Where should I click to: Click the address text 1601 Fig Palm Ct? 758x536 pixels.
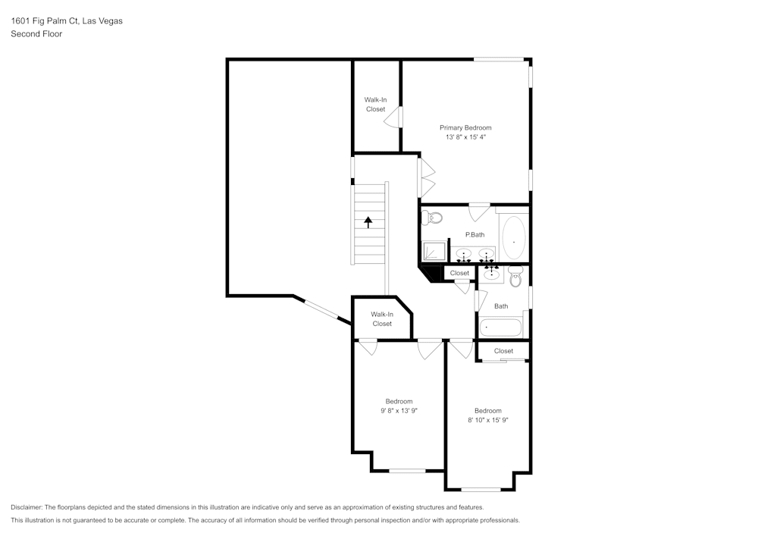pyautogui.click(x=45, y=21)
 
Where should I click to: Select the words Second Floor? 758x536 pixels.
pyautogui.click(x=36, y=34)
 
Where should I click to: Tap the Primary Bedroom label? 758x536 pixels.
pyautogui.click(x=465, y=127)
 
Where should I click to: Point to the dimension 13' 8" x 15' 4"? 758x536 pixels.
pyautogui.click(x=465, y=138)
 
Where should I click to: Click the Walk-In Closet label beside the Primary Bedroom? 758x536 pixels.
pyautogui.click(x=375, y=105)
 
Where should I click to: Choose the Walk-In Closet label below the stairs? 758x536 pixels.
pyautogui.click(x=382, y=319)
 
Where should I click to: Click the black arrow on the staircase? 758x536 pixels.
pyautogui.click(x=369, y=222)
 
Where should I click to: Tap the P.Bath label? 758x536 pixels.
pyautogui.click(x=475, y=235)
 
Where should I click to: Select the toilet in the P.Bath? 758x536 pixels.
pyautogui.click(x=433, y=218)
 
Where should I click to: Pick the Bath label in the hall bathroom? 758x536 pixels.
pyautogui.click(x=501, y=306)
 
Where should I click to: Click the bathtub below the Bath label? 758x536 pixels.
pyautogui.click(x=501, y=328)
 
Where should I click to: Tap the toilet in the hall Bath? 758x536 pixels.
pyautogui.click(x=516, y=277)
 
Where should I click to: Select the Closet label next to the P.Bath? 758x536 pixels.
pyautogui.click(x=459, y=273)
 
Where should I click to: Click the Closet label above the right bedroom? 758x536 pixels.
pyautogui.click(x=503, y=351)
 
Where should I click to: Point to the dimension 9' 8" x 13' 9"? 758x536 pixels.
pyautogui.click(x=399, y=411)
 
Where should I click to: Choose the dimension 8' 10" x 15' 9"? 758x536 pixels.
pyautogui.click(x=487, y=420)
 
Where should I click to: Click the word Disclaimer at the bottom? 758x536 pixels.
pyautogui.click(x=27, y=507)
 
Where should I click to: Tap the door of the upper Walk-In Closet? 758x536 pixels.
pyautogui.click(x=395, y=118)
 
